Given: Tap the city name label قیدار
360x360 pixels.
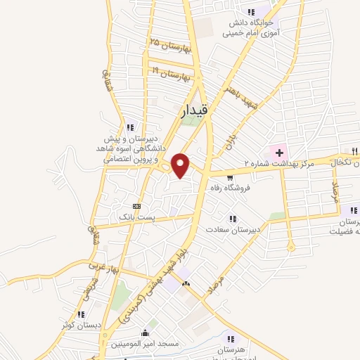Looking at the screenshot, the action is tap(194, 110).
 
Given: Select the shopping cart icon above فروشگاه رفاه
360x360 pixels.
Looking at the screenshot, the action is tap(230, 178).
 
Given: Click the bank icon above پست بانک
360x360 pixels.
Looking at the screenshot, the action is tap(136, 206).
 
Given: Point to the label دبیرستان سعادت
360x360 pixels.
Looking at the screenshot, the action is tap(234, 229).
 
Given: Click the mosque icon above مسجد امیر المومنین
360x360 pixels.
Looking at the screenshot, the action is tap(146, 333).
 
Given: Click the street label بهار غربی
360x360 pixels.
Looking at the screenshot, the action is tap(100, 269).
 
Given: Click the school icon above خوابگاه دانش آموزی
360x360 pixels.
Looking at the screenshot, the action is tap(250, 11).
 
